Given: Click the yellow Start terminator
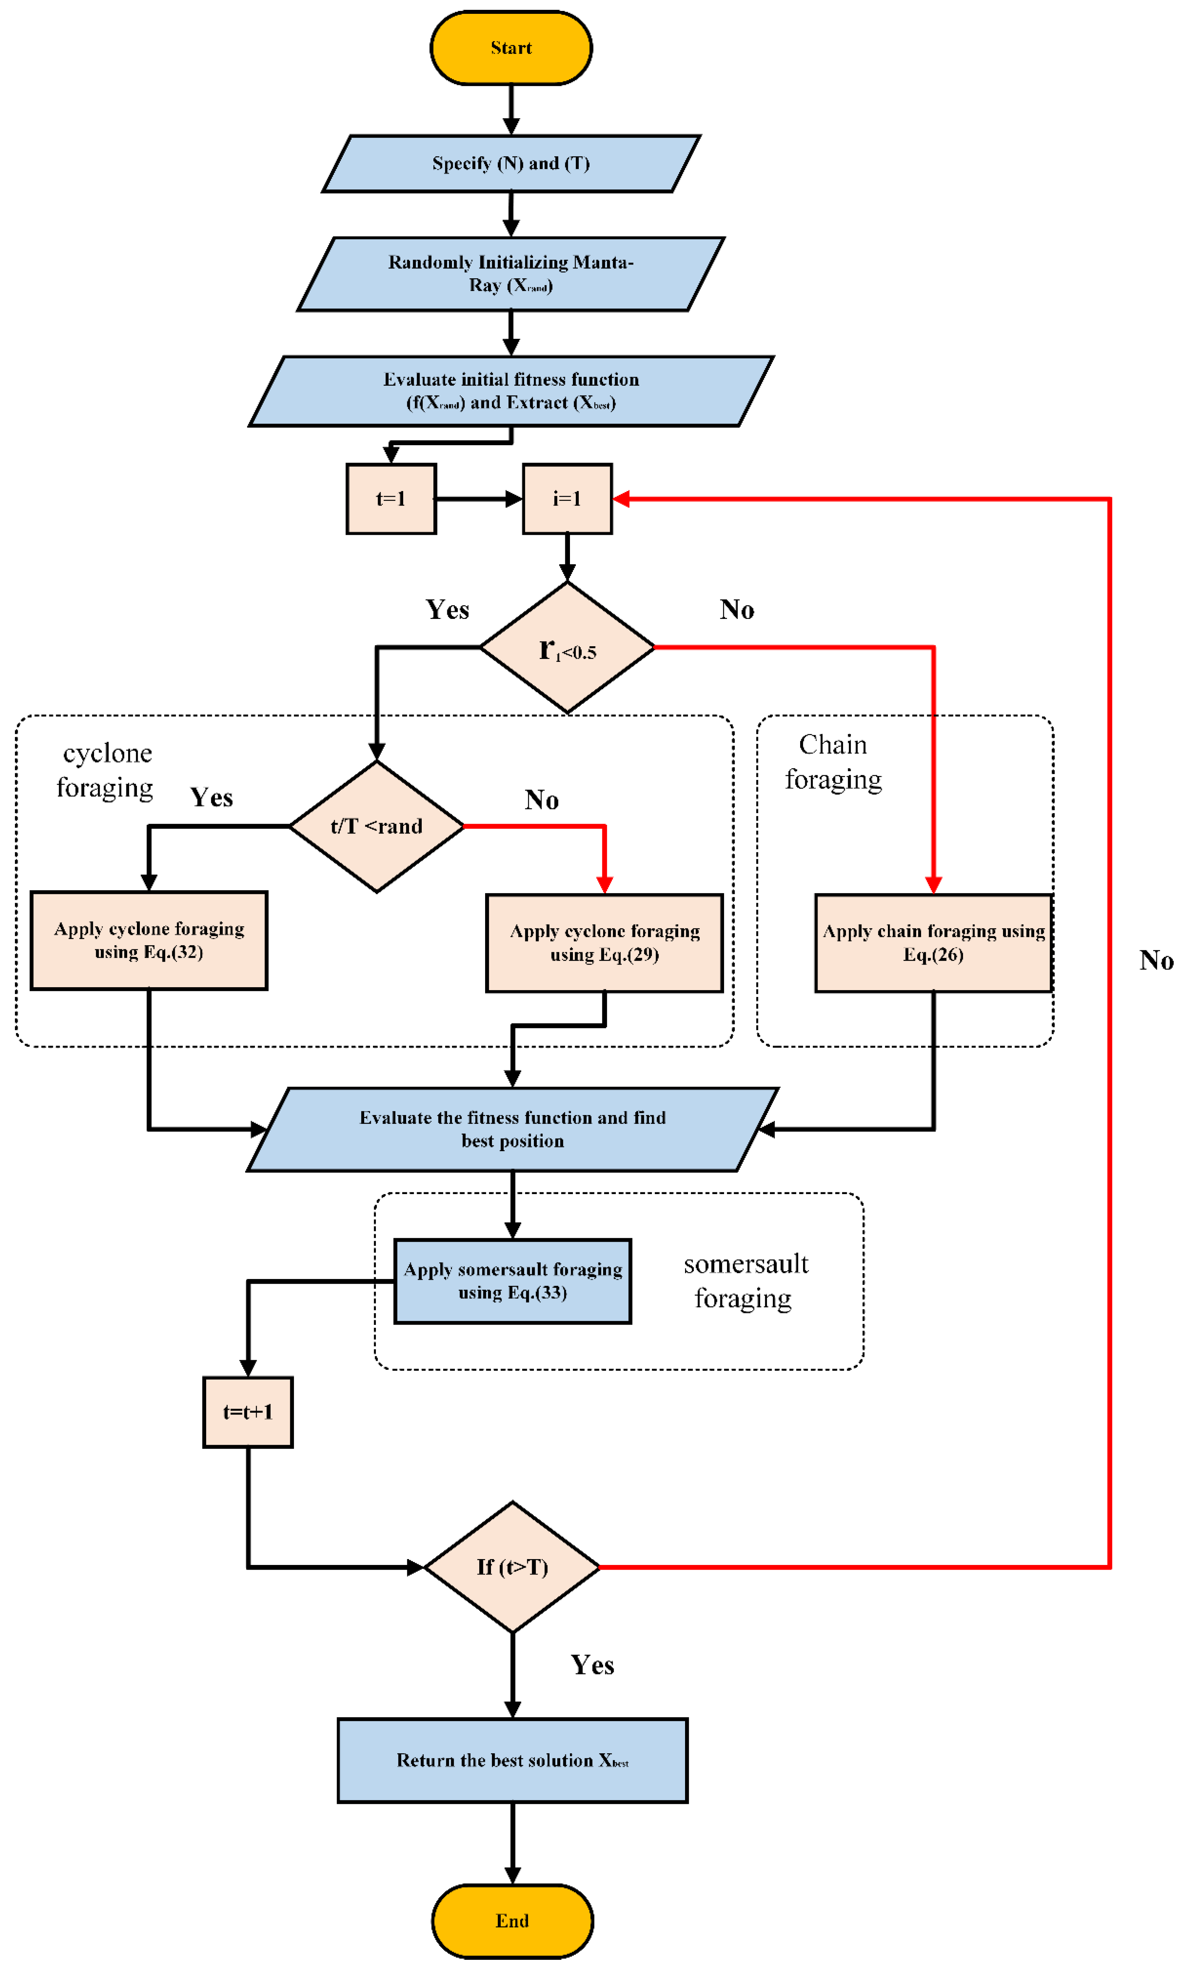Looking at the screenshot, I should (x=511, y=48).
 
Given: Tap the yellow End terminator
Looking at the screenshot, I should (x=512, y=1920).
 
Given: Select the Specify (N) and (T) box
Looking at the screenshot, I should (x=511, y=164).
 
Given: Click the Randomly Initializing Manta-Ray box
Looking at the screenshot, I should (x=511, y=274).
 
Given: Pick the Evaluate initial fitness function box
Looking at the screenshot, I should (x=511, y=391).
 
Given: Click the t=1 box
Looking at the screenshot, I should (x=391, y=499).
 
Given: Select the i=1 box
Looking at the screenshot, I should (x=567, y=499).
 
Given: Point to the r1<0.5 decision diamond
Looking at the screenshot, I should (x=567, y=648).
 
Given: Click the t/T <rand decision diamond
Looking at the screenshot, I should (x=377, y=827).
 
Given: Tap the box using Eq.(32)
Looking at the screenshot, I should (x=149, y=941).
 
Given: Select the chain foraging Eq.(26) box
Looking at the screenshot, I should (x=933, y=943).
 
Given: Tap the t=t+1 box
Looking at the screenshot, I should (x=248, y=1412).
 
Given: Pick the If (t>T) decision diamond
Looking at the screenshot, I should (x=512, y=1567).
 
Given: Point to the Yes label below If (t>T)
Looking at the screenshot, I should (x=592, y=1665).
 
